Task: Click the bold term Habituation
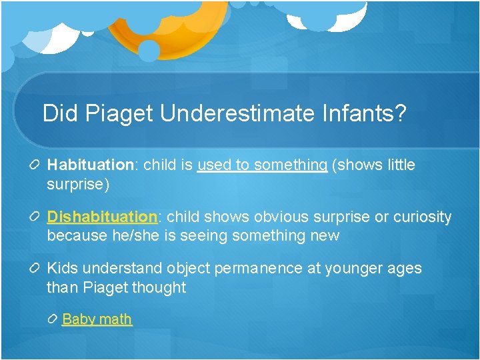tap(91, 165)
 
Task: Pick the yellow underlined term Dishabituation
tap(102, 217)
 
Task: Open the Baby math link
tap(97, 319)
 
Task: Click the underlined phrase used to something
tap(262, 165)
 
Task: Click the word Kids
tap(62, 269)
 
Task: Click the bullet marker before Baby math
tap(54, 319)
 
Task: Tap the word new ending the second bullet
tap(325, 236)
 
